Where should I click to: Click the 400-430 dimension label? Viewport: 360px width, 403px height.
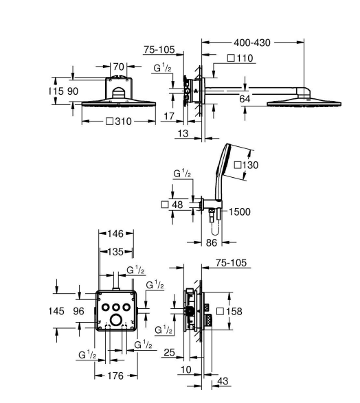pos(252,43)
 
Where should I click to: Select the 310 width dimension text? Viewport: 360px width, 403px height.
pos(123,122)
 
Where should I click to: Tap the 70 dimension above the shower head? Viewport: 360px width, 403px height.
pos(119,67)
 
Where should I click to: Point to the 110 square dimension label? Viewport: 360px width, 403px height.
pos(245,58)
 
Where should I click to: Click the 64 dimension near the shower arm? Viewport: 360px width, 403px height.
pos(245,99)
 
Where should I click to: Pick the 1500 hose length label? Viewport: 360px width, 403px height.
pos(239,211)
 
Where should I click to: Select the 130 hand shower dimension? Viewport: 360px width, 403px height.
pos(249,165)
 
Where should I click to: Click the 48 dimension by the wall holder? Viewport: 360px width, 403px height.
pos(177,205)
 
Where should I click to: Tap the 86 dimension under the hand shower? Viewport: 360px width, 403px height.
pos(212,242)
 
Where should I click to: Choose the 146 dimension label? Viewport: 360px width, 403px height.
pos(115,233)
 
